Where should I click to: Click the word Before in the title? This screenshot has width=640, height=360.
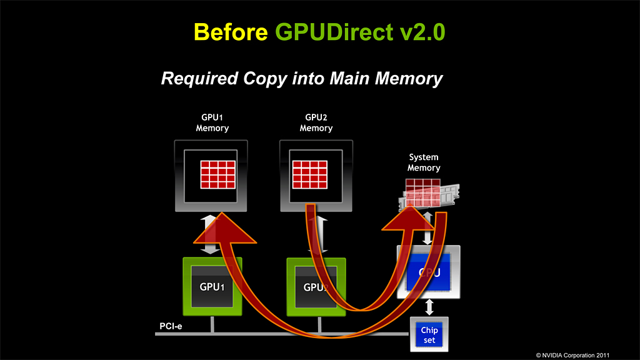[231, 31]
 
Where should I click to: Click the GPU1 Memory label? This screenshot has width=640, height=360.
[212, 122]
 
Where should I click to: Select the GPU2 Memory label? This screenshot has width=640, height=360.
[316, 122]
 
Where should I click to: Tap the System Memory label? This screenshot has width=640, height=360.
[424, 162]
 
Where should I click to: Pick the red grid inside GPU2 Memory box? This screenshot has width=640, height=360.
[310, 174]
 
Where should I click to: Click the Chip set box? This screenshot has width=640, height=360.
[429, 334]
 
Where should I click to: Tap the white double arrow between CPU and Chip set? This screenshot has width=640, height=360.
[429, 307]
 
